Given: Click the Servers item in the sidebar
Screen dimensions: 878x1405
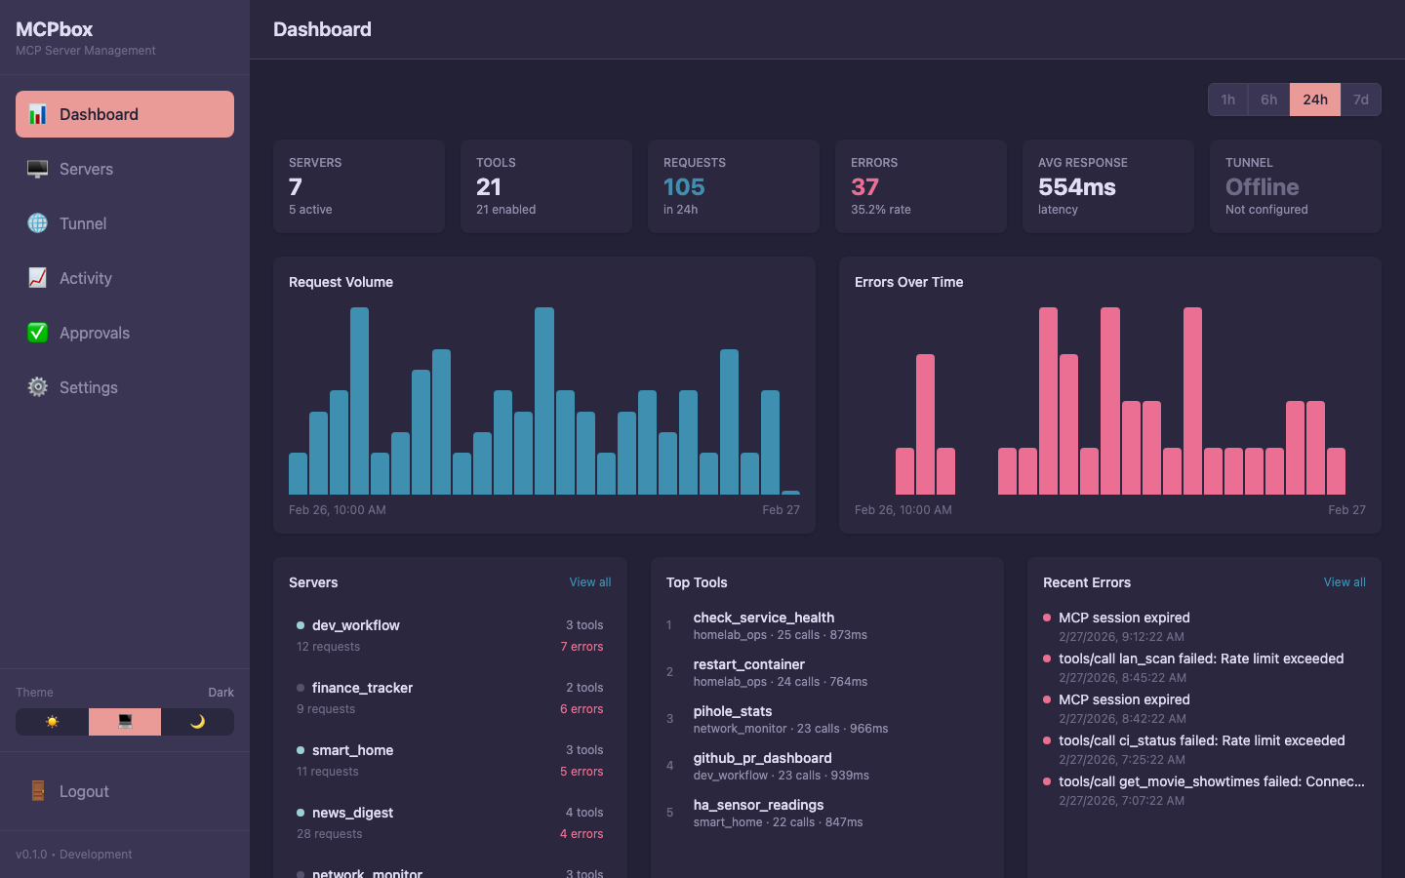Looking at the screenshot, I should (86, 169).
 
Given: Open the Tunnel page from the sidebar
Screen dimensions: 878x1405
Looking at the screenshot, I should (83, 223).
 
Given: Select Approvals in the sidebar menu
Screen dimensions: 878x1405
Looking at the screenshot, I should (94, 333).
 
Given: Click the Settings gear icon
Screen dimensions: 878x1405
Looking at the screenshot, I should (38, 387).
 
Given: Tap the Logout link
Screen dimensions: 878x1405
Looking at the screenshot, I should (84, 791).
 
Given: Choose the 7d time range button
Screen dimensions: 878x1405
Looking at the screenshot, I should (1360, 100).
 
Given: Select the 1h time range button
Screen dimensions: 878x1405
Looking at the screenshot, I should (1227, 100).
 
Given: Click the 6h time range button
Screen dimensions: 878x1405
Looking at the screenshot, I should (1268, 100).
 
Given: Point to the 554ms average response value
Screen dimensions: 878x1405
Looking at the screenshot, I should (1076, 186).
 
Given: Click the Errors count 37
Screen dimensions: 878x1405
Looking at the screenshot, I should (864, 186).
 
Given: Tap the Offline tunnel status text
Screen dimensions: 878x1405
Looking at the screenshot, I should (1262, 186).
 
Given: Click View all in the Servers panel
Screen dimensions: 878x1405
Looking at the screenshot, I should (590, 582).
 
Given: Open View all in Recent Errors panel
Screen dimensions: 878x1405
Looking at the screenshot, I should (1344, 582).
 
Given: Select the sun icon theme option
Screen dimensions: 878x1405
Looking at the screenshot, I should (52, 722).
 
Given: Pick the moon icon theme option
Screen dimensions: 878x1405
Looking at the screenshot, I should (197, 722).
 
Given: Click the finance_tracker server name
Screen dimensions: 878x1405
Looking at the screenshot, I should (362, 688).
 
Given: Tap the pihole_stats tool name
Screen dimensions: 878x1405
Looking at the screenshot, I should (732, 711).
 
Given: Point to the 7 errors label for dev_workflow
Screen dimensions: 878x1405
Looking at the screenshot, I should (582, 647).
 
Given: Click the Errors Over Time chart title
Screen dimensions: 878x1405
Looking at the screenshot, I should (908, 282).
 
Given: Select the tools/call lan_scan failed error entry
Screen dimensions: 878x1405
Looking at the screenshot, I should (1200, 658).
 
